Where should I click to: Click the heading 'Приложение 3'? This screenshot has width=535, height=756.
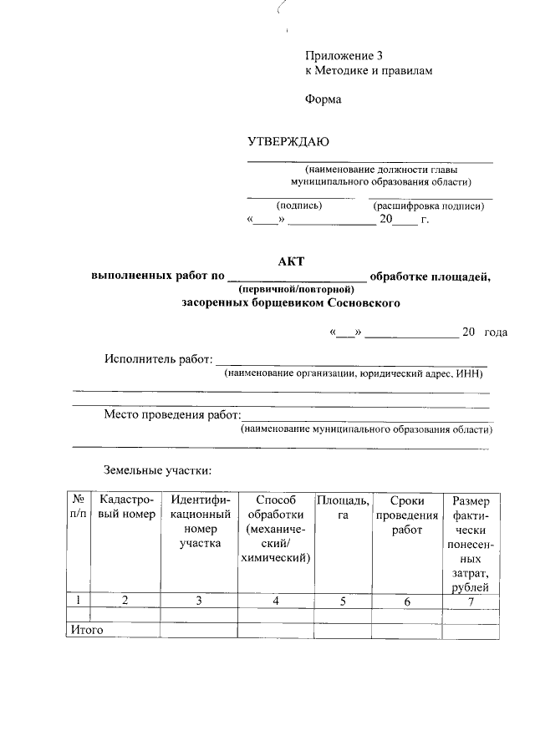click(344, 56)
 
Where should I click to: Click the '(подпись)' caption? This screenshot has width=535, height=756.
click(298, 205)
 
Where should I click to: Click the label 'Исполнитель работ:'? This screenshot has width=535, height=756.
click(158, 359)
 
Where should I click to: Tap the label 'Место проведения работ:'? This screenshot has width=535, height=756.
click(171, 415)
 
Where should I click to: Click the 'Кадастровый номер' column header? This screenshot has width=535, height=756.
click(126, 508)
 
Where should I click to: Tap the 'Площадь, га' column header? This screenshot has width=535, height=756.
click(342, 508)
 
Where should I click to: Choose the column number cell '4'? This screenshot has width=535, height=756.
click(276, 601)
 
